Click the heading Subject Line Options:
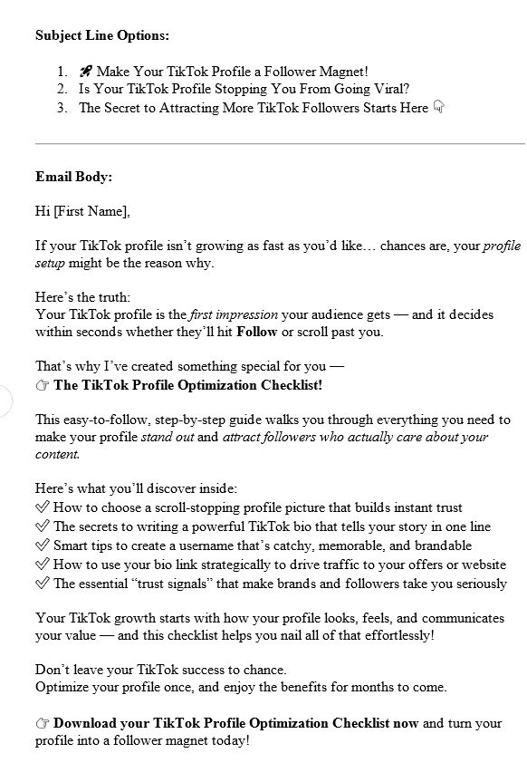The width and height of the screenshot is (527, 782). tap(102, 36)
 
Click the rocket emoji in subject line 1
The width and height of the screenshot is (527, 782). tap(85, 72)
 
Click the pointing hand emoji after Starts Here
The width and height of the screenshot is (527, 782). tap(438, 107)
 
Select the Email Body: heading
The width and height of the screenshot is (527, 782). tap(73, 177)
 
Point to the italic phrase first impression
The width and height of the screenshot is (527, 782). tap(234, 314)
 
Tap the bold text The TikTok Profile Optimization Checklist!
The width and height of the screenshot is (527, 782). tap(187, 384)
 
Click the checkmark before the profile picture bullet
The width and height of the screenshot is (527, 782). tap(43, 507)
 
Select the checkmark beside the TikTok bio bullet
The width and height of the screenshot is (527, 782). tap(43, 526)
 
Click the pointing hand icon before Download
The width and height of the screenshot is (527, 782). tap(43, 723)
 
